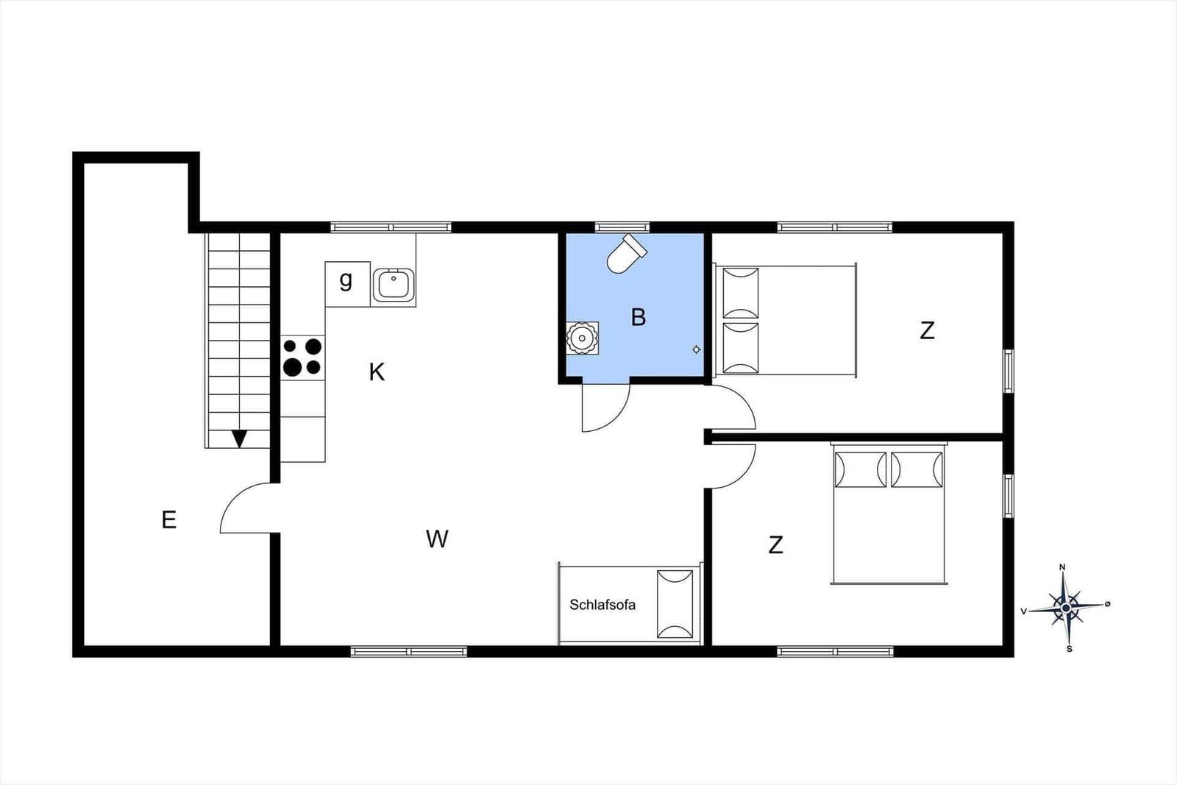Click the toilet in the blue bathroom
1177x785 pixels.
[626, 254]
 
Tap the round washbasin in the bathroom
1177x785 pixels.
[582, 338]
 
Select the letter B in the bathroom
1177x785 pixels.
[639, 317]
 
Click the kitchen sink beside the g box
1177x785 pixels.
[394, 285]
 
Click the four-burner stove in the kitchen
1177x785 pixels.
[302, 358]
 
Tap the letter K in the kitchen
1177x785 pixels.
[377, 372]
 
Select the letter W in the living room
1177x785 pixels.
[437, 539]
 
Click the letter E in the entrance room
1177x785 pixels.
[168, 520]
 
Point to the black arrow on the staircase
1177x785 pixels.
[240, 438]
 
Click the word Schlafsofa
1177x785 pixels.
[602, 605]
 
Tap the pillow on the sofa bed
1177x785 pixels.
[675, 604]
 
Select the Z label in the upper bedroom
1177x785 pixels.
[928, 330]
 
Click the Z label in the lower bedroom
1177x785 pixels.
[775, 545]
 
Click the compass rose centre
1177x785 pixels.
[1066, 608]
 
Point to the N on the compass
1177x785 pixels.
[1062, 567]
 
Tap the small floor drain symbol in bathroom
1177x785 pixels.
[696, 349]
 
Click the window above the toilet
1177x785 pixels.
[622, 227]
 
